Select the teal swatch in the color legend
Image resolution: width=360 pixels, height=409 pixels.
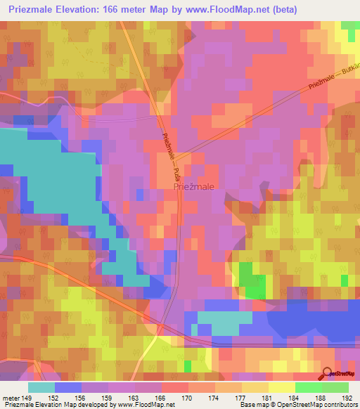pos(41,387)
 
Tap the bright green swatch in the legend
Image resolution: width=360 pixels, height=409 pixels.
pos(309,387)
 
